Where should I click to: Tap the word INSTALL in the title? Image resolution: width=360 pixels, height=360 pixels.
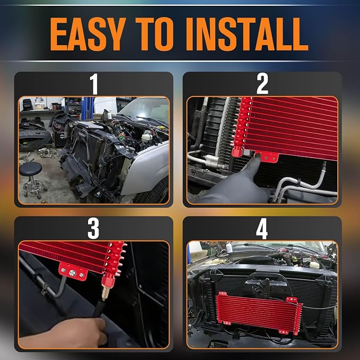coord(247,34)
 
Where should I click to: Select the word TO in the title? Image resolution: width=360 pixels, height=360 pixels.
coord(154,34)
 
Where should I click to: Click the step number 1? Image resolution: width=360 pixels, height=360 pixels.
coord(94,84)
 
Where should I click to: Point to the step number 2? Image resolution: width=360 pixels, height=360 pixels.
coord(262,84)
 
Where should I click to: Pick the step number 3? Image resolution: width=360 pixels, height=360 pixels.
coord(93,229)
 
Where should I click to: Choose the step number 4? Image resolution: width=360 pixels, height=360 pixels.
coord(262,229)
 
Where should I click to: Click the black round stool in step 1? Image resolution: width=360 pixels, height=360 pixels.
coord(32,179)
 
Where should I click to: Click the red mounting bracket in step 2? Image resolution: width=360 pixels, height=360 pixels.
coord(267,156)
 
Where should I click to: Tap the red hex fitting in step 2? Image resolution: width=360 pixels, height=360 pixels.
coord(238,151)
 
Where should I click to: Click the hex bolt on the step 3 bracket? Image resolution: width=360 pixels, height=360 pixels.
coord(72,273)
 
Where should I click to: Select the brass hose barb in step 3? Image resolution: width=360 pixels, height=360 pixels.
coord(106,292)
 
